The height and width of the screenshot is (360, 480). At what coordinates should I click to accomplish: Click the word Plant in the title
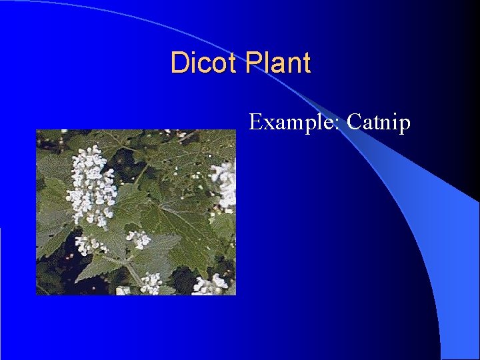(x=278, y=63)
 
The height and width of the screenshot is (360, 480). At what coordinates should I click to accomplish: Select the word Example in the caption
(x=293, y=123)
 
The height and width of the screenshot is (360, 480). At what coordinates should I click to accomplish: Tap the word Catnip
(x=379, y=123)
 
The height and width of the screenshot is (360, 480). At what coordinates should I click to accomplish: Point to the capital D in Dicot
(x=179, y=63)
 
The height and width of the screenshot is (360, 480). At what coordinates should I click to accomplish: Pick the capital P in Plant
(x=253, y=63)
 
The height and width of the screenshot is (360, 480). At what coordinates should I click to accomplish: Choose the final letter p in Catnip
(x=405, y=125)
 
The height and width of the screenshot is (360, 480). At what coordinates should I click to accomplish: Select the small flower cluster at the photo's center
(x=138, y=239)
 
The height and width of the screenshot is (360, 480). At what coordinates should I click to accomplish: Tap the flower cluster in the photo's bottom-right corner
(x=211, y=285)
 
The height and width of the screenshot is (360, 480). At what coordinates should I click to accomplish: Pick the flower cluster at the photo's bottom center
(x=151, y=283)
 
